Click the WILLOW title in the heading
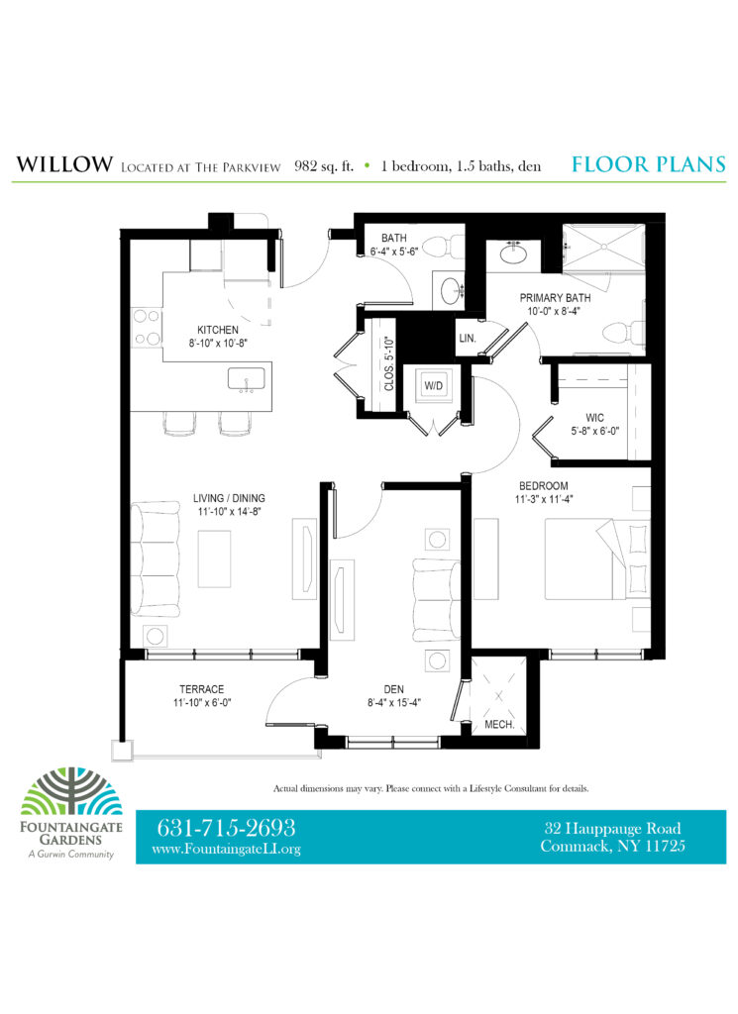pos(64,164)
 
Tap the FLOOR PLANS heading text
pos(649,164)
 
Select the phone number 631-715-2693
pos(226,828)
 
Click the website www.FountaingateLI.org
pos(227,849)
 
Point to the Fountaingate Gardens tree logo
pos(71,791)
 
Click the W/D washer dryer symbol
pos(433,385)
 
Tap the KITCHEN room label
pos(217,330)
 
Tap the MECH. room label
pos(499,724)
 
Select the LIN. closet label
pos(467,339)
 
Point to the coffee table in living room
pos(214,558)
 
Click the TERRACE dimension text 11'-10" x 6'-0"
pos(202,702)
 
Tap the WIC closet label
pos(594,418)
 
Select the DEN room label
pos(394,689)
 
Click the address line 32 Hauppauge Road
pos(612,829)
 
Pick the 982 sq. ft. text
pos(324,166)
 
